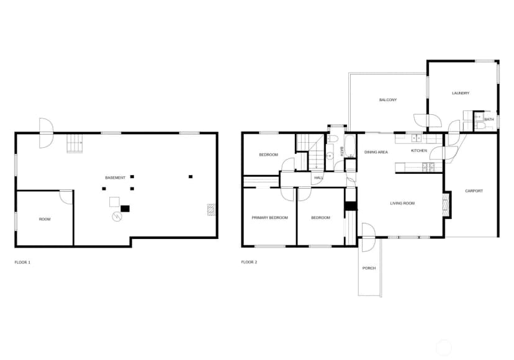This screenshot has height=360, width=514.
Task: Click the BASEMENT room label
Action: (115, 178)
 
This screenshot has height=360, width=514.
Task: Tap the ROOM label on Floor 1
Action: (45, 219)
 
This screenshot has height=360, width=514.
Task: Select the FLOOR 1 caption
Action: (22, 263)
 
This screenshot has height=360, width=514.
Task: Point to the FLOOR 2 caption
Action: (249, 262)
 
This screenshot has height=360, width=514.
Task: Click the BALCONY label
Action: (388, 100)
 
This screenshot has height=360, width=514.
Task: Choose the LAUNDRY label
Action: (461, 93)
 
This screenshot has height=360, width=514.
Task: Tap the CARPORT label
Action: (474, 191)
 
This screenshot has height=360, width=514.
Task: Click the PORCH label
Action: (369, 268)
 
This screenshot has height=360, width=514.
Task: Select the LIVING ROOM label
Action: (402, 204)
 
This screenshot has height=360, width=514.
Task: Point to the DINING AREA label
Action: (376, 152)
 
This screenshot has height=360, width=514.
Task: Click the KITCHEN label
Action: (419, 150)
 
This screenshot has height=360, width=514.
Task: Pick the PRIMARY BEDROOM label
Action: (270, 218)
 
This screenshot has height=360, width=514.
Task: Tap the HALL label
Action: (318, 178)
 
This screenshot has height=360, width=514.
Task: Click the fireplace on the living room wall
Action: (445, 205)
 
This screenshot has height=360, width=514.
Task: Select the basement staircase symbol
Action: (74, 143)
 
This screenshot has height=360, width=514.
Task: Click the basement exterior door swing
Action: (46, 133)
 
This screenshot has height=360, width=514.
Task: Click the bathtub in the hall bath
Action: (350, 146)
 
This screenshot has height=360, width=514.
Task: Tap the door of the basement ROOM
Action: (66, 197)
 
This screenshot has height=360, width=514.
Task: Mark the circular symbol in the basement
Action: (117, 217)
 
